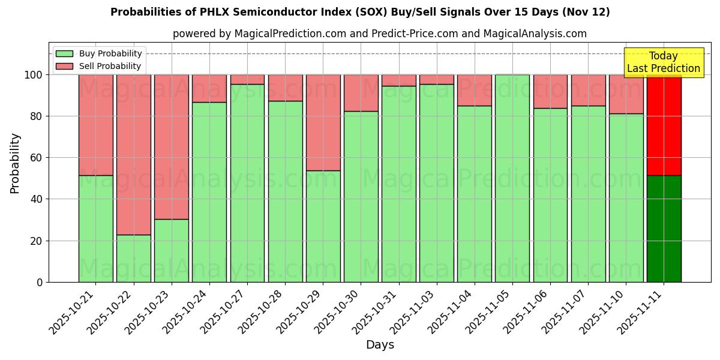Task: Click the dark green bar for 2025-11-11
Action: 664,229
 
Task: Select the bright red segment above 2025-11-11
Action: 664,125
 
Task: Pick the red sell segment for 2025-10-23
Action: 171,147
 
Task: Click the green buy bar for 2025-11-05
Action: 512,178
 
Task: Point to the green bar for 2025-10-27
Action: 247,183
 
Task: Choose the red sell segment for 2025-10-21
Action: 95,125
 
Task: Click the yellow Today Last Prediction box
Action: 663,62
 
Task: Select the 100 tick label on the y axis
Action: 34,75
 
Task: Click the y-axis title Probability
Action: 15,163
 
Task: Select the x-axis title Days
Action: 380,345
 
